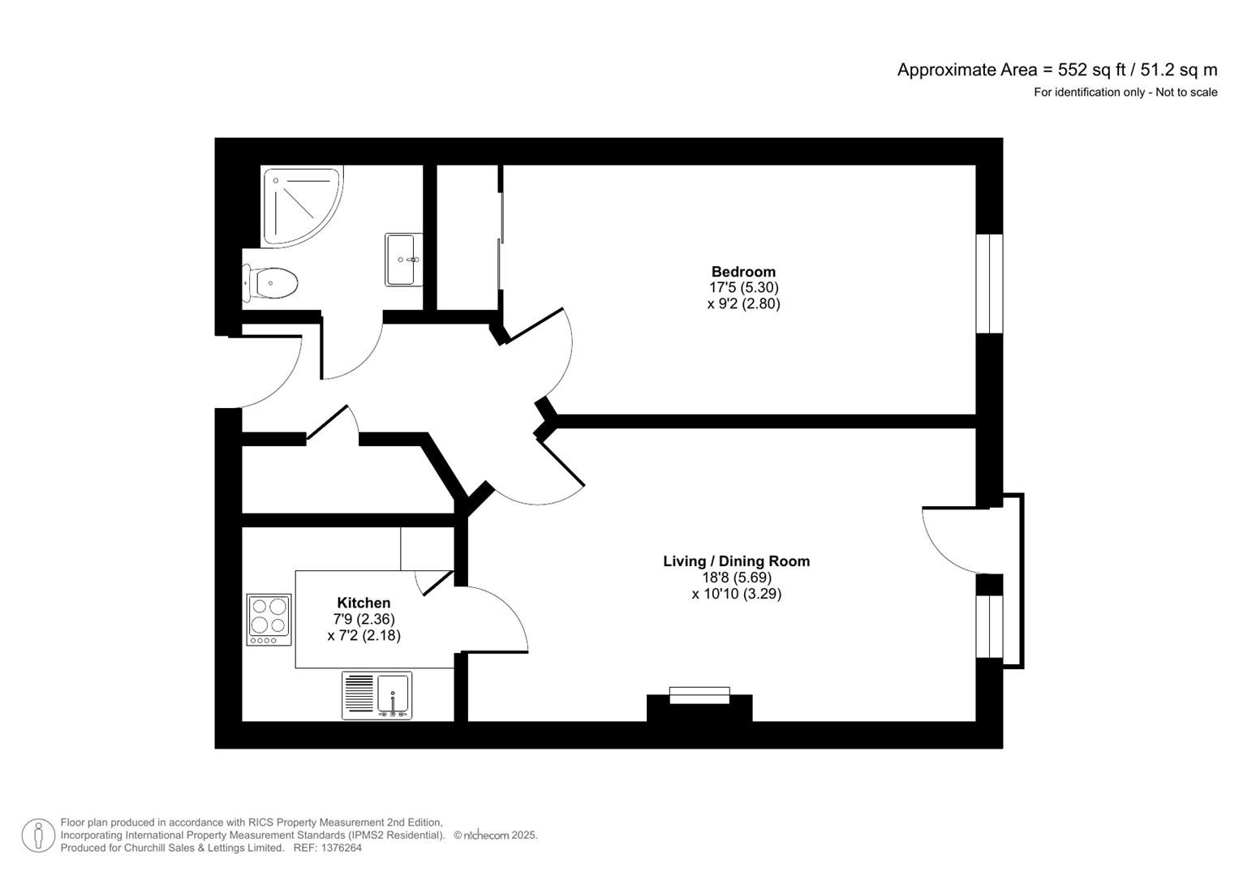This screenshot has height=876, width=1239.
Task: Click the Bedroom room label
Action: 743,272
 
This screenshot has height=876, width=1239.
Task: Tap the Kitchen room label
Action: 364,603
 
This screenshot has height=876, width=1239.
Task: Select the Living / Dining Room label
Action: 736,561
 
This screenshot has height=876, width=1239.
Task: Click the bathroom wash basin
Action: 402,260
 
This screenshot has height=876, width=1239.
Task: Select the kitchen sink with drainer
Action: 376,695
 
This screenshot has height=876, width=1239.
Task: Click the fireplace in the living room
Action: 699,706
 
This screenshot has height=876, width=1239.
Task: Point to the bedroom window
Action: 989,283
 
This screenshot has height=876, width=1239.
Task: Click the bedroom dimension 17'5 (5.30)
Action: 743,288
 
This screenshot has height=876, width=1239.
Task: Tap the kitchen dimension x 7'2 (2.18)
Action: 364,636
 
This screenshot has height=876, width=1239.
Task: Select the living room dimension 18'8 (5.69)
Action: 736,578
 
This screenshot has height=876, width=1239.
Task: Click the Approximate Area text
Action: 1056,70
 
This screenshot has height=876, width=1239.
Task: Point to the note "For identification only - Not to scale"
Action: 1125,92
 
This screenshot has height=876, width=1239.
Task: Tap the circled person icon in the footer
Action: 38,835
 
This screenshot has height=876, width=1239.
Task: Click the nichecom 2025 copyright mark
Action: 495,835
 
